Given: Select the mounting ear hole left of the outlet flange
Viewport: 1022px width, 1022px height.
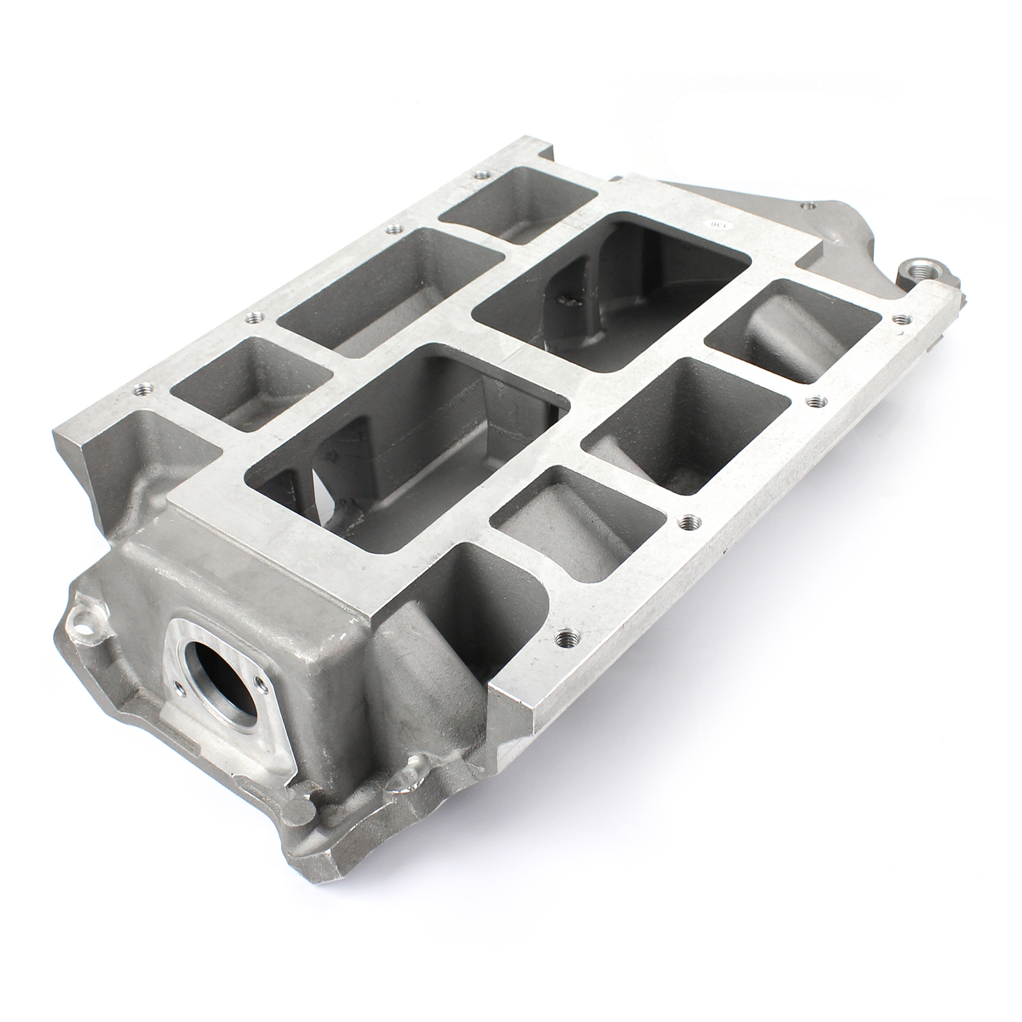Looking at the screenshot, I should click(x=83, y=618).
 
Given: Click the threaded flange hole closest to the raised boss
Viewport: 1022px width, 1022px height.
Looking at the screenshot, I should click(x=901, y=318).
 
